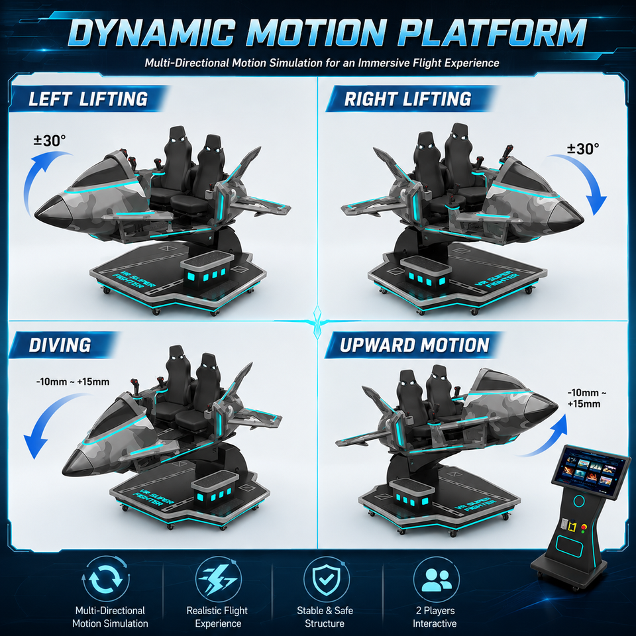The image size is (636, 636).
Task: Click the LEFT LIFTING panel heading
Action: tap(88, 99)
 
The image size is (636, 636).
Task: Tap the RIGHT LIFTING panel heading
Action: tap(407, 99)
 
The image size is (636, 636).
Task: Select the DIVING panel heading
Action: tap(60, 345)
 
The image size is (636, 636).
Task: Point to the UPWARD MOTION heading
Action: tap(415, 345)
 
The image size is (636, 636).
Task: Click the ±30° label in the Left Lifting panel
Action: tap(50, 140)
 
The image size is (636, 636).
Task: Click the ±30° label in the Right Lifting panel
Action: tap(583, 149)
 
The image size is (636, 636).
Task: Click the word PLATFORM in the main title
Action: tap(493, 32)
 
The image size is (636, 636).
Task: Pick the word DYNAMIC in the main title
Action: tap(151, 32)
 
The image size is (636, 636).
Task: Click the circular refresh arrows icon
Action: tap(106, 579)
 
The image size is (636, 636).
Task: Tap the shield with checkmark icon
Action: tap(326, 579)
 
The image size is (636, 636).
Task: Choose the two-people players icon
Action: tap(436, 579)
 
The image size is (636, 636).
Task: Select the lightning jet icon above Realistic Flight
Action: tap(218, 579)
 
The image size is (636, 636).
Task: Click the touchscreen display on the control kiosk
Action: tap(591, 472)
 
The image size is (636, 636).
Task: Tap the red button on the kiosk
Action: tap(584, 527)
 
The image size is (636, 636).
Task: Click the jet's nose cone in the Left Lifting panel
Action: tap(52, 211)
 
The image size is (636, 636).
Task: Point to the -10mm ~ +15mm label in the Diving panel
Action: tap(73, 382)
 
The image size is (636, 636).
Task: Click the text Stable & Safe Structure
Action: tap(325, 617)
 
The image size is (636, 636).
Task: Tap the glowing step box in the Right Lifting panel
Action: tap(425, 272)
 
